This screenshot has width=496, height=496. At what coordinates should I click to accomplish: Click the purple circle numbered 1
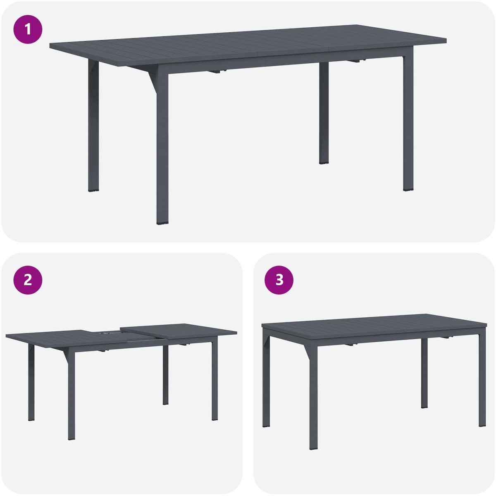(28, 29)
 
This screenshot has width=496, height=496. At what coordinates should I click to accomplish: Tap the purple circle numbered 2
(28, 280)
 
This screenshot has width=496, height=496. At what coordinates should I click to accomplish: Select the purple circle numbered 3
(279, 280)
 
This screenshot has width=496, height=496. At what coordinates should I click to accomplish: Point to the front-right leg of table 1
(408, 120)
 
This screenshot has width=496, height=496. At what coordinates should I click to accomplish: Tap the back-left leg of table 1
(93, 125)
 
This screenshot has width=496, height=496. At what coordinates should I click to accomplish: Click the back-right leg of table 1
(324, 113)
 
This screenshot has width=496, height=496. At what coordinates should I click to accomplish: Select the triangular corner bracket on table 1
(153, 81)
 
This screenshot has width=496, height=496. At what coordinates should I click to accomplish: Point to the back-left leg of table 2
(31, 383)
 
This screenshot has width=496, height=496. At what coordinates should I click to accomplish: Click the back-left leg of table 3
(266, 382)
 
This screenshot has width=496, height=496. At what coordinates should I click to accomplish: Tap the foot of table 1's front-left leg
(162, 223)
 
